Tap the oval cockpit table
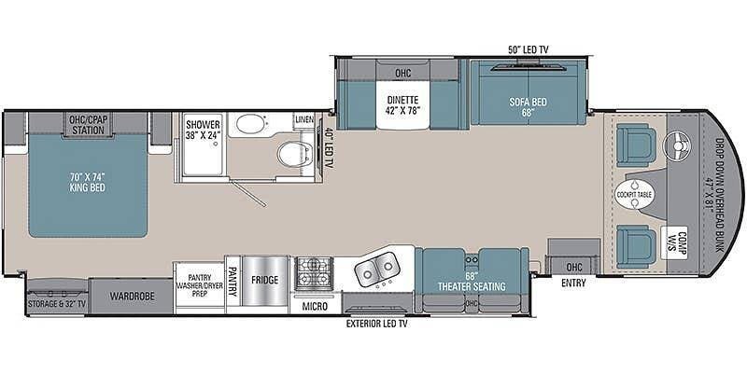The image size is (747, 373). click(x=634, y=195)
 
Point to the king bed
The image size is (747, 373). click(x=88, y=185)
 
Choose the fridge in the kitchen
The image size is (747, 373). click(x=265, y=282)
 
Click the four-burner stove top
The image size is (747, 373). click(x=314, y=273)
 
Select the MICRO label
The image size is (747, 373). click(x=316, y=307)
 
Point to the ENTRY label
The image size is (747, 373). click(x=573, y=283)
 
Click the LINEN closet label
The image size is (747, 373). click(x=304, y=119)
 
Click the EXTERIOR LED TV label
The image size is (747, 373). click(x=377, y=324)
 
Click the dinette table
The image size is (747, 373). click(x=402, y=104)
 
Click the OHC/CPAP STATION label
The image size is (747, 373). click(x=86, y=125)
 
